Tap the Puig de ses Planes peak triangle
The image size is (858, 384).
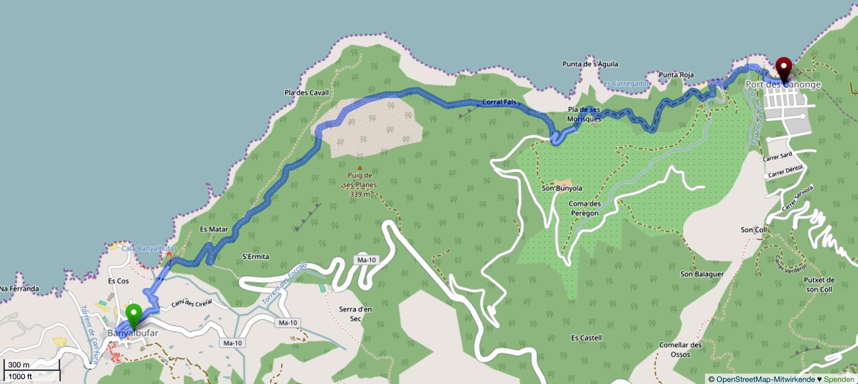click(360, 168)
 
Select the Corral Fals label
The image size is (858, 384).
click(499, 102)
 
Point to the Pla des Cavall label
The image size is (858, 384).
click(306, 93)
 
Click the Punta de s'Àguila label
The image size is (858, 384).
click(590, 64)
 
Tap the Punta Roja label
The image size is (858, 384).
click(676, 75)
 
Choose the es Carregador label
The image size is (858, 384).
click(626, 84)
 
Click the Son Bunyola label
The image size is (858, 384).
click(562, 188)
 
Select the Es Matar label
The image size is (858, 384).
click(214, 229)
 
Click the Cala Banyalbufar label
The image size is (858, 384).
click(149, 248)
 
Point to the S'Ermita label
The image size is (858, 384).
click(255, 257)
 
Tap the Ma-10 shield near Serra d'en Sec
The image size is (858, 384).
click(288, 323)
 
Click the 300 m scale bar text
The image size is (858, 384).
click(19, 365)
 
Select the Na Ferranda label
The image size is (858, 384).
click(19, 289)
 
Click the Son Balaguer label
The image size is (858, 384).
click(702, 274)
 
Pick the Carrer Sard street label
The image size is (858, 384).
click(777, 157)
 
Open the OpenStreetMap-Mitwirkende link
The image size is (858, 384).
click(765, 379)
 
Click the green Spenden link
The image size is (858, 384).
click(839, 379)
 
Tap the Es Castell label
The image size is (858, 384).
click(586, 338)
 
